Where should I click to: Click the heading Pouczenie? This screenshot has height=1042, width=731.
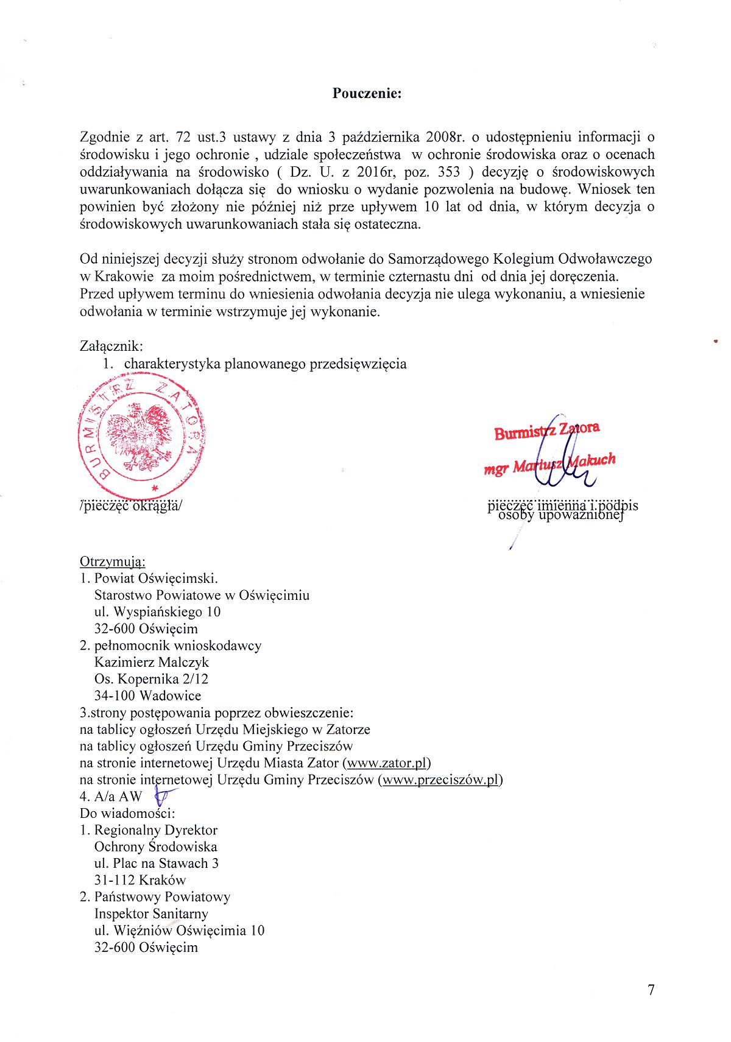click(367, 93)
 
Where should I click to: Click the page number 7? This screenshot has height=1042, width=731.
click(651, 990)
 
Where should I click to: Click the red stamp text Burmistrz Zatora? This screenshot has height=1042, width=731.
click(546, 430)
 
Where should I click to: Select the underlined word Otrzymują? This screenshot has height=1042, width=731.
click(112, 561)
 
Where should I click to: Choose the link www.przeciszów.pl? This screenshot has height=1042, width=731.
click(440, 780)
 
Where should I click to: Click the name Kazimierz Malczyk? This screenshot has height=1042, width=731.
click(152, 662)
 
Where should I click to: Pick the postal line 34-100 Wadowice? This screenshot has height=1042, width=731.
click(147, 695)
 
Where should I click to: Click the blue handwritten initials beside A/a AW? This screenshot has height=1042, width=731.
click(165, 795)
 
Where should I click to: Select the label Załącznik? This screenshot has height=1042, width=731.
click(111, 347)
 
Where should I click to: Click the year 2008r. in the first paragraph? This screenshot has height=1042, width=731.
click(447, 137)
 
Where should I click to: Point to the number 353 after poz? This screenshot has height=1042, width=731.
click(449, 172)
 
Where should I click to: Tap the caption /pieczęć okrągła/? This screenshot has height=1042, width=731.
click(130, 505)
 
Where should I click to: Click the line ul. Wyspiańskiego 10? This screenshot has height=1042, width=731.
click(157, 612)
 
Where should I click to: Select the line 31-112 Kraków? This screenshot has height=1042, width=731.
click(140, 880)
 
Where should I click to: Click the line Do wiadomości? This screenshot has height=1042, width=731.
click(127, 813)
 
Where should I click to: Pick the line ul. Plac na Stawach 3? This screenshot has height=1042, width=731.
click(157, 863)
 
